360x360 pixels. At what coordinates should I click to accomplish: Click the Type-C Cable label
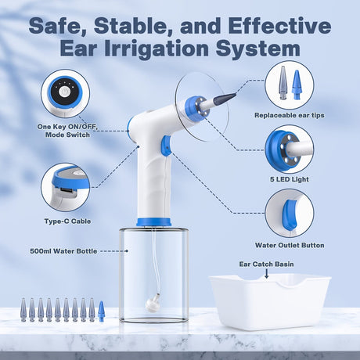pos(64,221)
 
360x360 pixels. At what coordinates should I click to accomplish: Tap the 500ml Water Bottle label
pos(63,251)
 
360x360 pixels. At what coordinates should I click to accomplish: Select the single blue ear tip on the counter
pos(101,311)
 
